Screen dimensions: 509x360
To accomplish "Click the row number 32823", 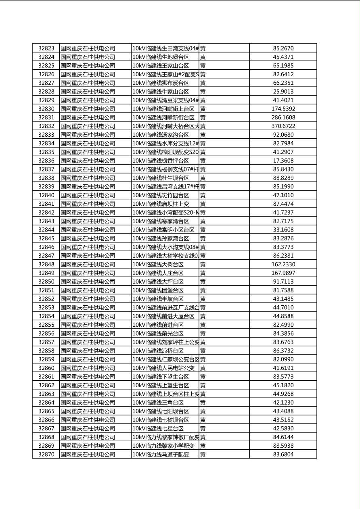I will tap(46, 48).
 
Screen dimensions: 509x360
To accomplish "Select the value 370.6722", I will tap(283, 126).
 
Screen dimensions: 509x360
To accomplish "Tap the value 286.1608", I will tap(283, 117).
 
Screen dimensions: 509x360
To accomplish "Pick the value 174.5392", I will tap(283, 109).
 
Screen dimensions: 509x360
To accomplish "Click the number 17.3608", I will tap(283, 161).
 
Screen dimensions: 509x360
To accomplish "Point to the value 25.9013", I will tap(283, 92).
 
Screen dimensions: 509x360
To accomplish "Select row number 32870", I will tap(46, 454).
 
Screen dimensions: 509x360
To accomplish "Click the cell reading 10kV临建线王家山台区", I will tap(161, 66).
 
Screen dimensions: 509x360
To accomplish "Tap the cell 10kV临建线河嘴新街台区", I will tap(163, 117).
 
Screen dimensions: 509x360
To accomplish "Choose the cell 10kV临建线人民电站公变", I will tap(163, 368).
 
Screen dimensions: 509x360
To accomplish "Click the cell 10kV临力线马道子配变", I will tap(161, 454).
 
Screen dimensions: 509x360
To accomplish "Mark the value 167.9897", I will tap(283, 273).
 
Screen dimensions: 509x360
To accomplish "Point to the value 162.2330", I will tap(283, 264).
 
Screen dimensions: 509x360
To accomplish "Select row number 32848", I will tap(46, 264).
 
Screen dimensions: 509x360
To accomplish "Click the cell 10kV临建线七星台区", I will tap(158, 428).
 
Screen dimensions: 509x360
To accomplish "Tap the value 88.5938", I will tap(283, 446).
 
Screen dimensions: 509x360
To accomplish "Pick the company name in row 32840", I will tap(88, 195).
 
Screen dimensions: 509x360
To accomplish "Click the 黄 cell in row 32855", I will tap(203, 325).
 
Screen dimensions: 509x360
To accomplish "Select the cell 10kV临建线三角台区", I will tap(158, 403).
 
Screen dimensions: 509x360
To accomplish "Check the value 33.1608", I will tap(283, 230).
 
